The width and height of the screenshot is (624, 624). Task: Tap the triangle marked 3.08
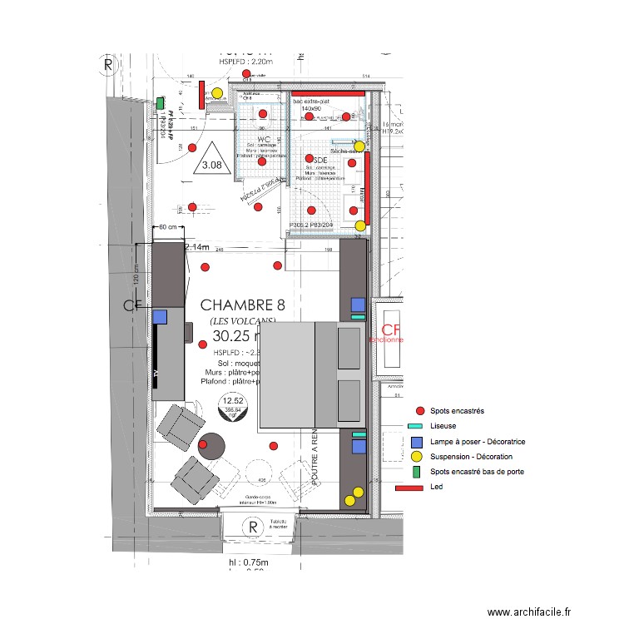pos(211,161)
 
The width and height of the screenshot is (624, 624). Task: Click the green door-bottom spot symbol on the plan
pos(160,103)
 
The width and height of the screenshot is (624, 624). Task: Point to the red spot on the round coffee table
pos(204,444)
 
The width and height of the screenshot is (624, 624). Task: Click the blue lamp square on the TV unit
pos(160,316)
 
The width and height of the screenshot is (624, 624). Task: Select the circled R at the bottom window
pos(250,527)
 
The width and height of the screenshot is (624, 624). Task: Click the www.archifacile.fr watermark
pos(530,612)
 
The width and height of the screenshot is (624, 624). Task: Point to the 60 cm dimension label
pos(167,226)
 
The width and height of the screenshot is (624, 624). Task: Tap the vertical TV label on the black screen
pos(156,374)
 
